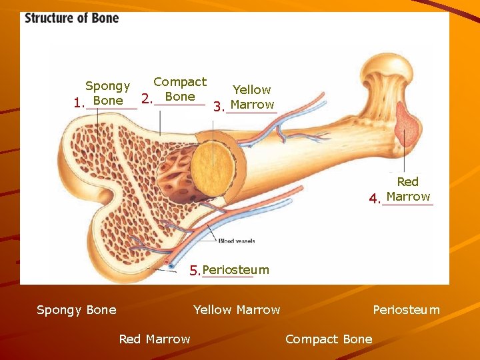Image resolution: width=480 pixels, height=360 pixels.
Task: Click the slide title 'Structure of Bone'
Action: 72,18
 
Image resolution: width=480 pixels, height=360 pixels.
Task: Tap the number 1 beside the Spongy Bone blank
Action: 79,104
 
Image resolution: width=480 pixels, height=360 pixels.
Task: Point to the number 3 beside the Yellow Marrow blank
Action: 218,107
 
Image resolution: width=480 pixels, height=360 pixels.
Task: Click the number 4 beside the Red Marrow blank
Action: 375,198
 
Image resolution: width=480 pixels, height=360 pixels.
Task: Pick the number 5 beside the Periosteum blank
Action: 195,271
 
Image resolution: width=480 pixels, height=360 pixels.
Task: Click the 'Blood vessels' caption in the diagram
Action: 236,241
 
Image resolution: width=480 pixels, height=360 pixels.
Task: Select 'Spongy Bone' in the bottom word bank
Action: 77,309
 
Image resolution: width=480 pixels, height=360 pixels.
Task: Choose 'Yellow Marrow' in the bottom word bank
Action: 237,309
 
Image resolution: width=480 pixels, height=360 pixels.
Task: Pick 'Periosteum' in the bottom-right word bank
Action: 406,309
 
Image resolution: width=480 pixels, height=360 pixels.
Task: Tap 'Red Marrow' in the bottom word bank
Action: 155,339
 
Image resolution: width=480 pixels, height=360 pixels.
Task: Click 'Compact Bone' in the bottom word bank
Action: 329,339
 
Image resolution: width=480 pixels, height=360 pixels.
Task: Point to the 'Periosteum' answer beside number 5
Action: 235,270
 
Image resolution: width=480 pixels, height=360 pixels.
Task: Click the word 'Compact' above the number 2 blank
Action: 180,82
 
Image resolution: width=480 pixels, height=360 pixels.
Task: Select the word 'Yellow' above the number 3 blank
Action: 251,89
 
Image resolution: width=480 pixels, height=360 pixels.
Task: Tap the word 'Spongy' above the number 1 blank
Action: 107,86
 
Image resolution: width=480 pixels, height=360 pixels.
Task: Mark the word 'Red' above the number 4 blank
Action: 407,181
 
